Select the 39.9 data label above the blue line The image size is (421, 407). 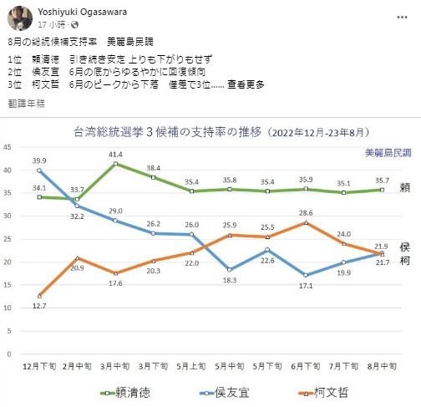38,160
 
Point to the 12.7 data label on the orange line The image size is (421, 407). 38,306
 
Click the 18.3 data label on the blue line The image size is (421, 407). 229,280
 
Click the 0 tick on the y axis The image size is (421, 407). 10,354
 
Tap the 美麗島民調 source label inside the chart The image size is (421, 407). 388,153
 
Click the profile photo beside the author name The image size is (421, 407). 16,16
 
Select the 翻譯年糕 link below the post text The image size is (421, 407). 25,103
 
